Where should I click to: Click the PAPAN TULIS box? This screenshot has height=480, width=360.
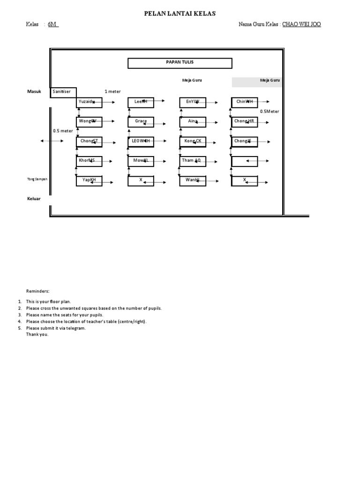click(x=180, y=63)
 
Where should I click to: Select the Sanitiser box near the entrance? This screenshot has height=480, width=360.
click(x=63, y=92)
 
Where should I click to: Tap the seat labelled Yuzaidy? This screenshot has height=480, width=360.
click(x=89, y=102)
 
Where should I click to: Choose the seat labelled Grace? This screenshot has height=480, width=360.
click(x=141, y=121)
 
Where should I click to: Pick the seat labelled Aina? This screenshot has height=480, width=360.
click(x=192, y=121)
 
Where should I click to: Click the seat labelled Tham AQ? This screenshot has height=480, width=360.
click(x=192, y=161)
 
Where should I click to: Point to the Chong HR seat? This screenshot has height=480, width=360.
click(x=244, y=121)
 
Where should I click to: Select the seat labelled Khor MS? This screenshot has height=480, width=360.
click(x=89, y=161)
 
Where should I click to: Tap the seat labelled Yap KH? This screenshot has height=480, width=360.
click(x=89, y=180)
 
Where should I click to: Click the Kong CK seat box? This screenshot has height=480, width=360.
click(x=192, y=141)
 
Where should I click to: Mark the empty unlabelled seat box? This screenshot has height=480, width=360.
click(x=244, y=161)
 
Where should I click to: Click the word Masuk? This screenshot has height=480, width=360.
click(x=34, y=92)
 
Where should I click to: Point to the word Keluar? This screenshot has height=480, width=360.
click(x=34, y=199)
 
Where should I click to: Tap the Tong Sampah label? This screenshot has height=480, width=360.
click(x=37, y=179)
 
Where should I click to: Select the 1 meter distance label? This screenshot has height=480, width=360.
click(x=112, y=92)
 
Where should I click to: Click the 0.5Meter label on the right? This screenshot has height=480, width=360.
click(x=270, y=112)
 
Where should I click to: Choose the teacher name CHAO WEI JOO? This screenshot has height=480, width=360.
click(x=301, y=24)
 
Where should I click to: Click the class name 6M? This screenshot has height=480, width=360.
click(x=52, y=24)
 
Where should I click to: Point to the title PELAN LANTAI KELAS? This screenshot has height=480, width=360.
click(x=180, y=14)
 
